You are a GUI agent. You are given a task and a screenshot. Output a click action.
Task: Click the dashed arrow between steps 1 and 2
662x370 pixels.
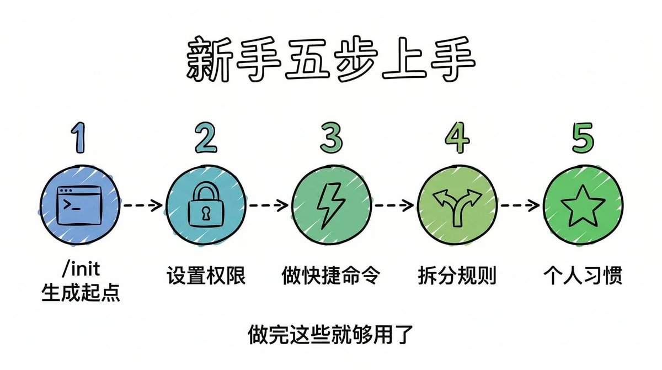click(143, 205)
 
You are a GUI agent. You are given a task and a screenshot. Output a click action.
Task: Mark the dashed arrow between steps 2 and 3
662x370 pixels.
click(269, 205)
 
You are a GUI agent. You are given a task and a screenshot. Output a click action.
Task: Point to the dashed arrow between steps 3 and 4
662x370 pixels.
click(394, 205)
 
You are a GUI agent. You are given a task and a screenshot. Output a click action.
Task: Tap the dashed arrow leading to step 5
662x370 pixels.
click(520, 205)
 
